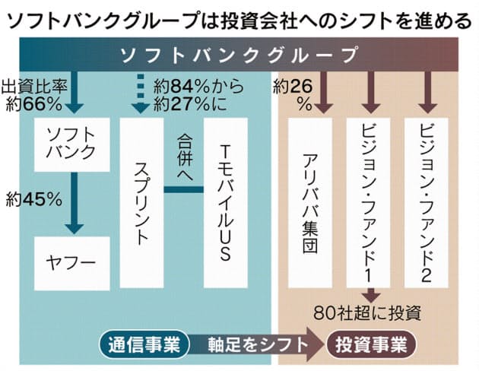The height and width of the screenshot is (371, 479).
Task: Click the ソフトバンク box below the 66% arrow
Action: [71, 144]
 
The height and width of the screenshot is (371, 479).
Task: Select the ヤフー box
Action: [71, 264]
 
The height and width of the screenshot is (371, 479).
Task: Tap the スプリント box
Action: [141, 203]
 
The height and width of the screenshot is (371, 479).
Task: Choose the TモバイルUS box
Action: [226, 203]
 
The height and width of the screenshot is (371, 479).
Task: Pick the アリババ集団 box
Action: [310, 203]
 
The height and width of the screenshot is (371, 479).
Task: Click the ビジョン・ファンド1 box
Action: [368, 203]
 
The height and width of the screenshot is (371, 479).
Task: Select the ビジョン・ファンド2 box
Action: [426, 203]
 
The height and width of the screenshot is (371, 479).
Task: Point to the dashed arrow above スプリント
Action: [140, 94]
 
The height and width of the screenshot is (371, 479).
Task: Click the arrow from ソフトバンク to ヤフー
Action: [75, 203]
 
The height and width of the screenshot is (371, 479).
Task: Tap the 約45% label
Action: [34, 200]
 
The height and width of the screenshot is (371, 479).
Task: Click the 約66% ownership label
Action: [34, 106]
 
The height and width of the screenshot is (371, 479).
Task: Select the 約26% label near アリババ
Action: [293, 96]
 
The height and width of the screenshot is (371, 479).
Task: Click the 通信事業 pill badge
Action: [144, 344]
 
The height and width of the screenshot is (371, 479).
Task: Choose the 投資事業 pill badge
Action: [371, 344]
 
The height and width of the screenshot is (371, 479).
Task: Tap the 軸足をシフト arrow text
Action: [258, 344]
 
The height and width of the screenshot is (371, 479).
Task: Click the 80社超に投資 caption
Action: [367, 313]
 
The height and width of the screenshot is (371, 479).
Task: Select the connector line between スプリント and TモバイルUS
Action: [183, 189]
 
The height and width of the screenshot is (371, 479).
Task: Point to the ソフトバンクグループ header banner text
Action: [239, 55]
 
